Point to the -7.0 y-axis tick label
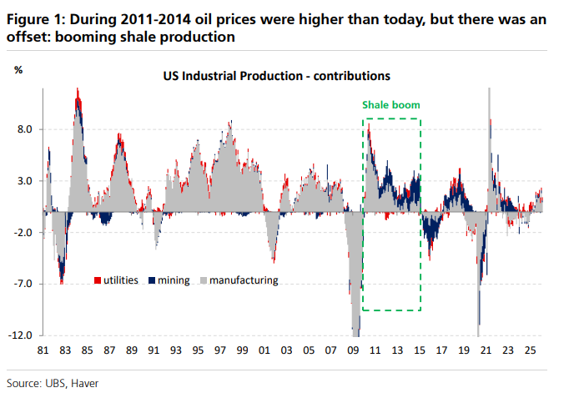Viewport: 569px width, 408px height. [x=22, y=284]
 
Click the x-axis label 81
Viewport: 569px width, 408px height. [x=43, y=352]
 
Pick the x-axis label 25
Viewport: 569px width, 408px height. [x=529, y=352]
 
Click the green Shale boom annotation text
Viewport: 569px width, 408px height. [x=390, y=105]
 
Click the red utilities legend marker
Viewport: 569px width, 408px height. [x=98, y=280]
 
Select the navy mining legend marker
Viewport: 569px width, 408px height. [x=151, y=280]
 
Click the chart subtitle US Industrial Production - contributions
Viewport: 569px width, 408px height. [x=277, y=75]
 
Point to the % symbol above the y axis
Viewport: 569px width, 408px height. [x=18, y=69]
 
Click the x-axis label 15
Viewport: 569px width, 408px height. [x=419, y=352]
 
